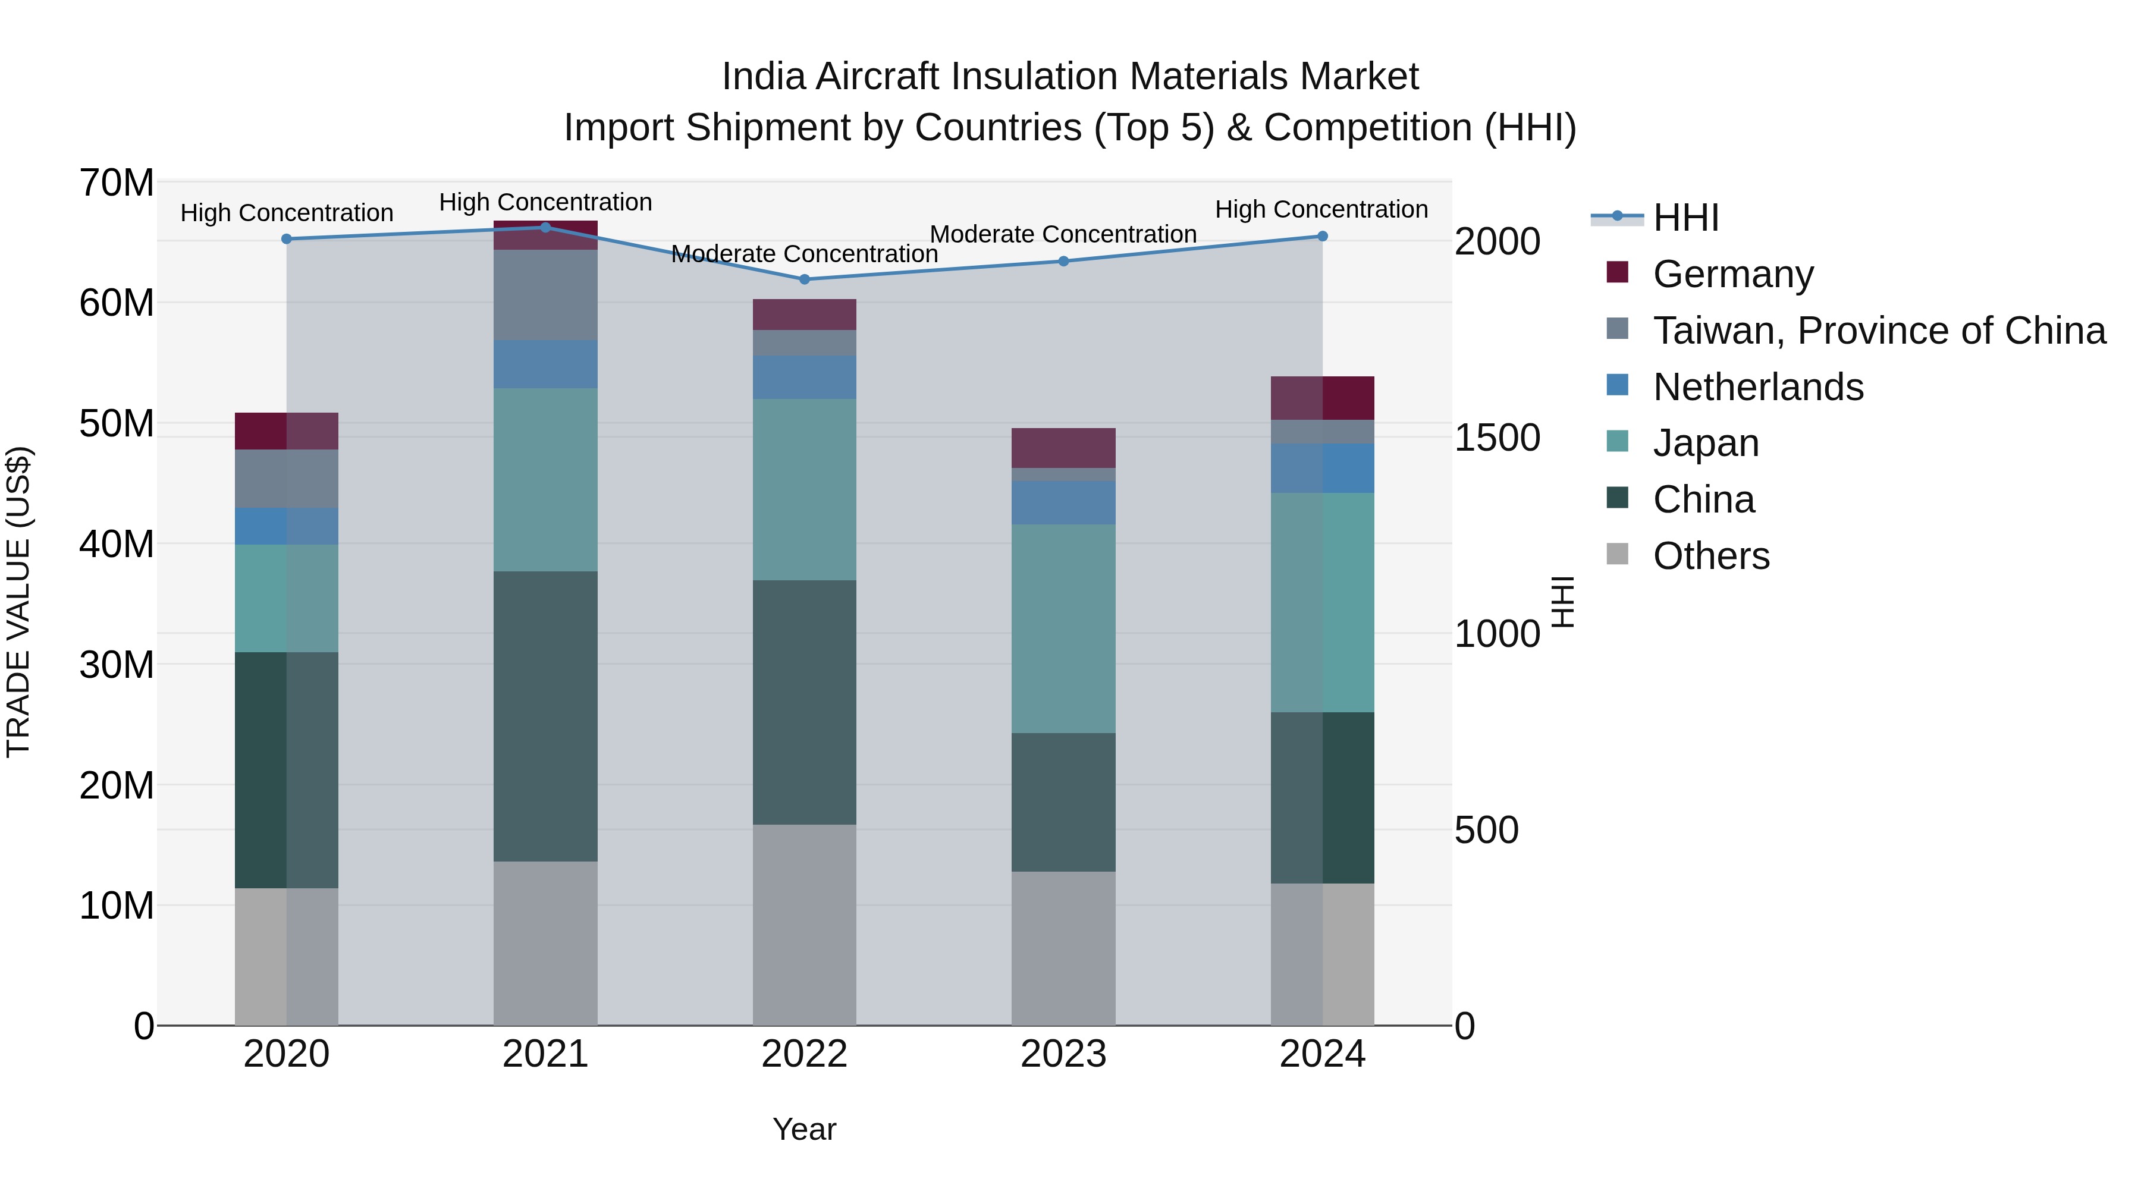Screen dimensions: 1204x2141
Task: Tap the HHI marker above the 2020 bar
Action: pos(287,238)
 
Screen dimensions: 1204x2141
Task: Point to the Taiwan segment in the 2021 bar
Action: pos(545,295)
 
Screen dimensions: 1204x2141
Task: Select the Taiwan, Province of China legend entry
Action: pos(1878,330)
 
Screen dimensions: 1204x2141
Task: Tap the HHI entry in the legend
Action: pos(1685,218)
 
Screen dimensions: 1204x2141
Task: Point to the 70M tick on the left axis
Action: pos(117,182)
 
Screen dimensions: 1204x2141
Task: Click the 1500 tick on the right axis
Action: pos(1497,438)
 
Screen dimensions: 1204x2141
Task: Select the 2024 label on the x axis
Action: pos(1321,1054)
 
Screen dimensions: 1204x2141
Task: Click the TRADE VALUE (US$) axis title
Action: pos(18,602)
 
